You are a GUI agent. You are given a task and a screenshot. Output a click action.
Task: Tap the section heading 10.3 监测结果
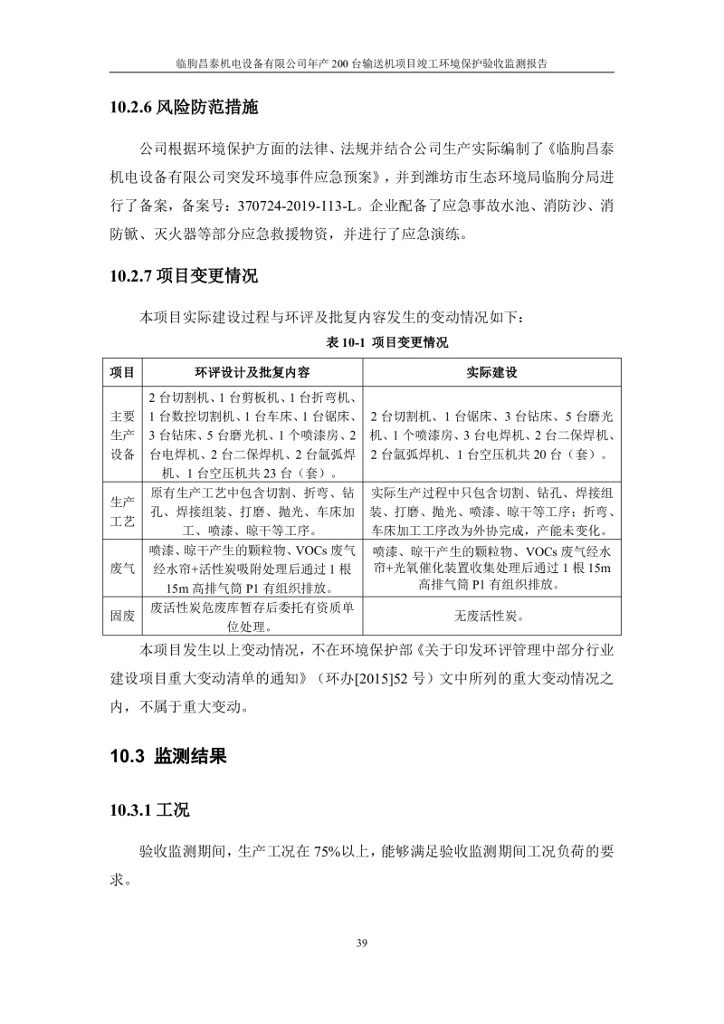[x=168, y=756]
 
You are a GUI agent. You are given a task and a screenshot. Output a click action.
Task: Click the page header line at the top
[x=362, y=64]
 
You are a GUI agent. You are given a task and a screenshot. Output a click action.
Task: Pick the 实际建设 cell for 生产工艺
[x=492, y=512]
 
